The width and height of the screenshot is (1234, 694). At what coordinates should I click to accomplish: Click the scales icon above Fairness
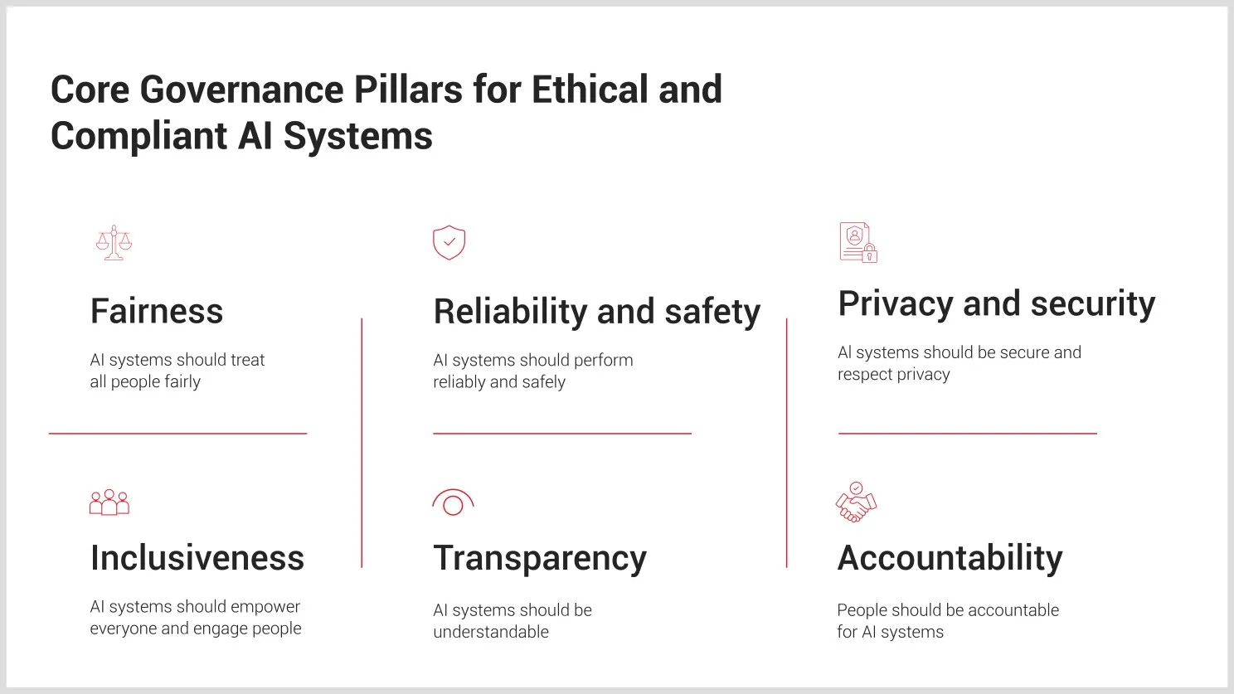tap(114, 243)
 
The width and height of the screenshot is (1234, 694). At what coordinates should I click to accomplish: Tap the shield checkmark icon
tap(449, 243)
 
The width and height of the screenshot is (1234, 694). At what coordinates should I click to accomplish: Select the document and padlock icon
tap(858, 243)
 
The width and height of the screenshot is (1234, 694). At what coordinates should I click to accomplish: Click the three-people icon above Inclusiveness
tap(109, 502)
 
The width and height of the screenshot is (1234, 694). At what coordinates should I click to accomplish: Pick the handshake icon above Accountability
tap(856, 502)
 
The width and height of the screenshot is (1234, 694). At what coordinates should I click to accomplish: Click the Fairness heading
tap(157, 312)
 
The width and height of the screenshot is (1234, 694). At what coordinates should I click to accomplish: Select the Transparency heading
tap(540, 559)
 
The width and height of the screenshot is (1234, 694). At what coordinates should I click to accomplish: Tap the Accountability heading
tap(950, 558)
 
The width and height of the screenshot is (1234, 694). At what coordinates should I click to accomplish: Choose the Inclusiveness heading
tap(197, 558)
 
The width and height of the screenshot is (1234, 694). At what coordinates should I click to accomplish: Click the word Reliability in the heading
tap(510, 312)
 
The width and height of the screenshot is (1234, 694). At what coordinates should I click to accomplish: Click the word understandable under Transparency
tap(491, 632)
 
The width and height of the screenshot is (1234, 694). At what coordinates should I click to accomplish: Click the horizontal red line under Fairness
tap(177, 434)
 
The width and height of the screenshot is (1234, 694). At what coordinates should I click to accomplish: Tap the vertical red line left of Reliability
tap(362, 443)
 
